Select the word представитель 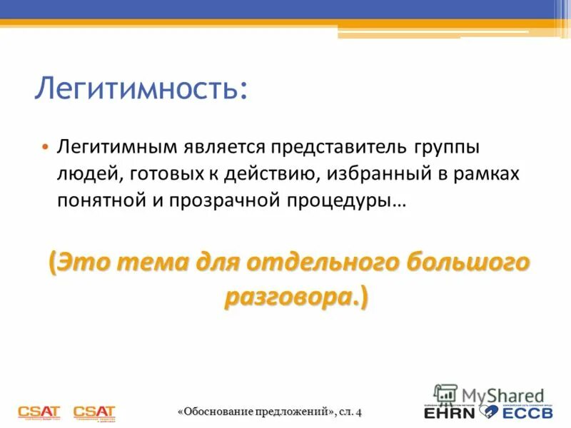[x=328, y=146]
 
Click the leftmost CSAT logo [x=40, y=412]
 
